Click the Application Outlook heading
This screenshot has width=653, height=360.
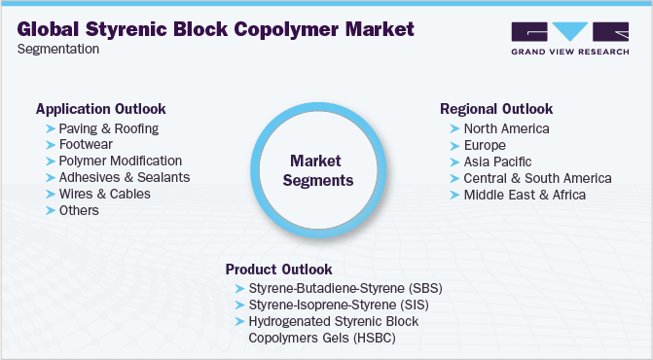pyautogui.click(x=100, y=109)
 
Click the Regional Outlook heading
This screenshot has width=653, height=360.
pyautogui.click(x=496, y=109)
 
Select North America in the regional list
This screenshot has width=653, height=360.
pyautogui.click(x=506, y=128)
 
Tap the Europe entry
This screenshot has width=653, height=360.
pyautogui.click(x=485, y=145)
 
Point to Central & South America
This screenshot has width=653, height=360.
pyautogui.click(x=537, y=178)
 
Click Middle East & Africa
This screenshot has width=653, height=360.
pyautogui.click(x=525, y=195)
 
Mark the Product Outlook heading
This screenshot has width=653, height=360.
pyautogui.click(x=279, y=269)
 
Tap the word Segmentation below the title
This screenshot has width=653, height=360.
pyautogui.click(x=58, y=49)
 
